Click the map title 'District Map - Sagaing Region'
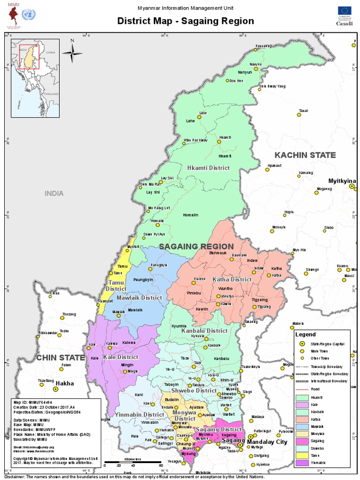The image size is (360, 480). [x=185, y=21]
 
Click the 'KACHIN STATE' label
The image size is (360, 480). [x=305, y=155]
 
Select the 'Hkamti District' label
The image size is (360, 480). [x=208, y=168]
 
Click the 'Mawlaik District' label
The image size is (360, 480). [x=139, y=298]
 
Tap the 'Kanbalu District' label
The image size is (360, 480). [x=204, y=330]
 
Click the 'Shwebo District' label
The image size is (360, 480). [x=194, y=390]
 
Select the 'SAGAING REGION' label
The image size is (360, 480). [x=196, y=247]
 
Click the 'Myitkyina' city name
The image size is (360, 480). [x=342, y=180]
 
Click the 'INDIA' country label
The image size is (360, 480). [x=54, y=193]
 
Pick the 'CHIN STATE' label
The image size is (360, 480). [x=60, y=358]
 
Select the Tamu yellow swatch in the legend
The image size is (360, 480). [x=303, y=455]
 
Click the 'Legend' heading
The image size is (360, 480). [x=305, y=335]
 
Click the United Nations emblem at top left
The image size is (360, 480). [x=30, y=15]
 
